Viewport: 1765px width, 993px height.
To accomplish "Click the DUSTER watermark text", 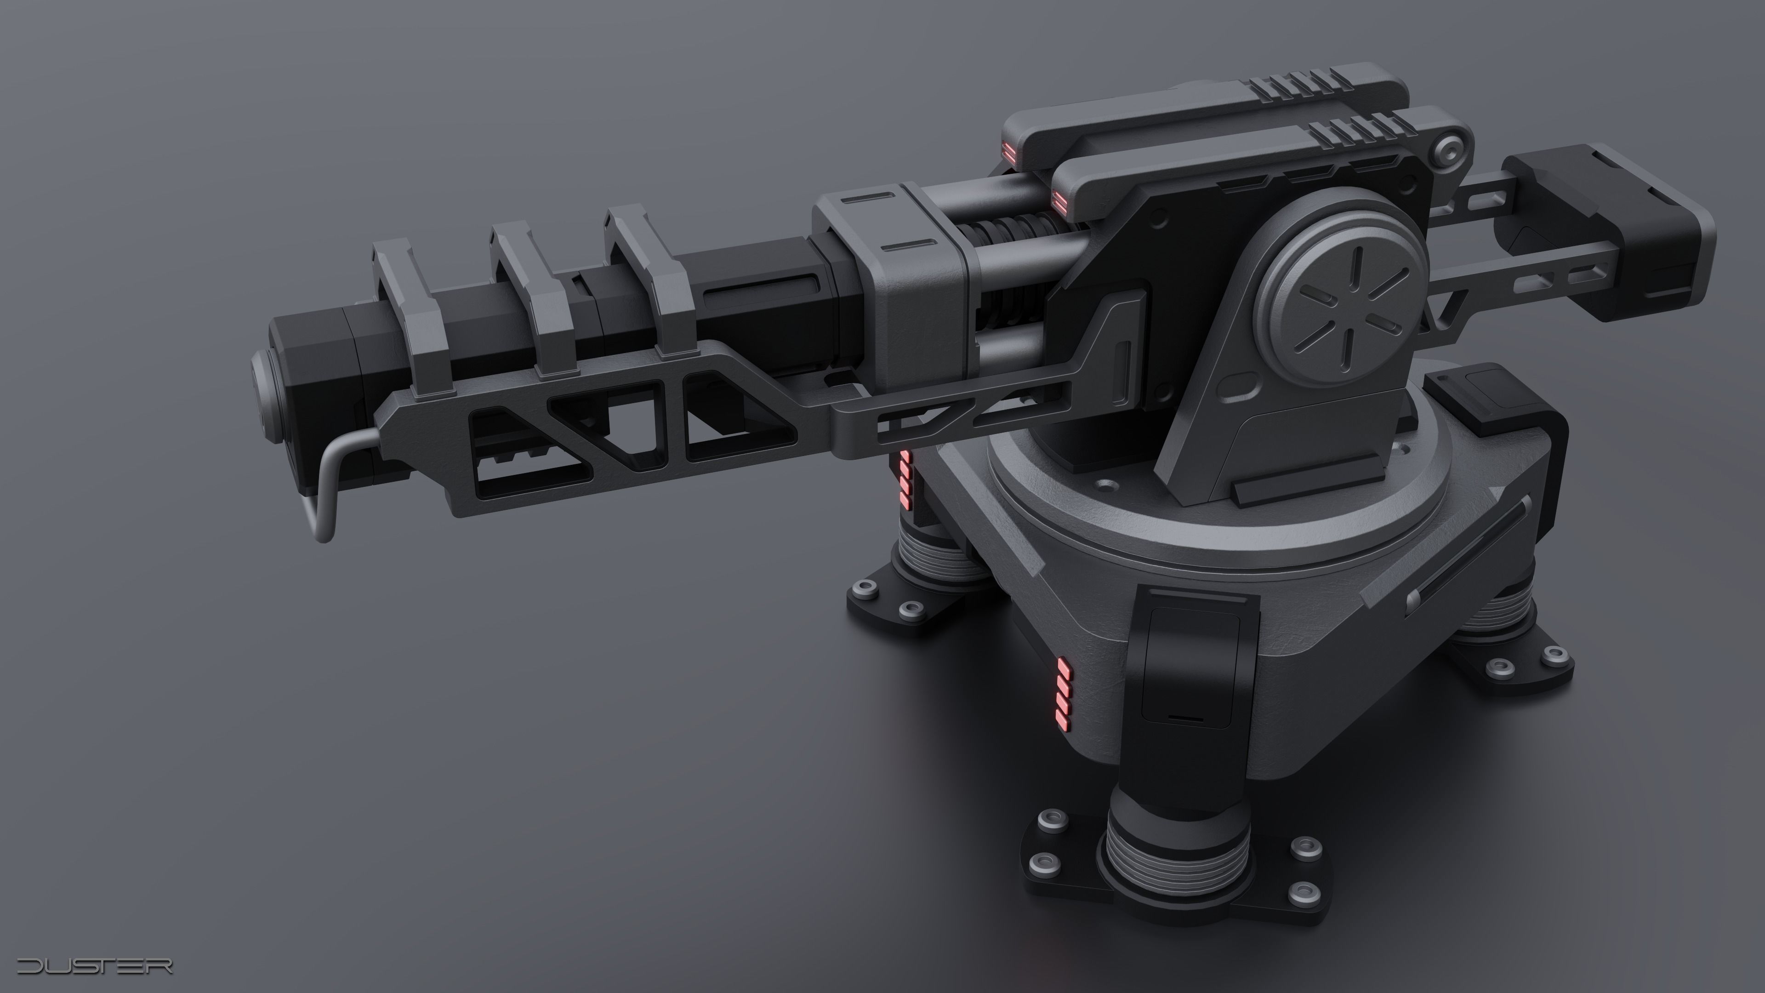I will tap(95, 966).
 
